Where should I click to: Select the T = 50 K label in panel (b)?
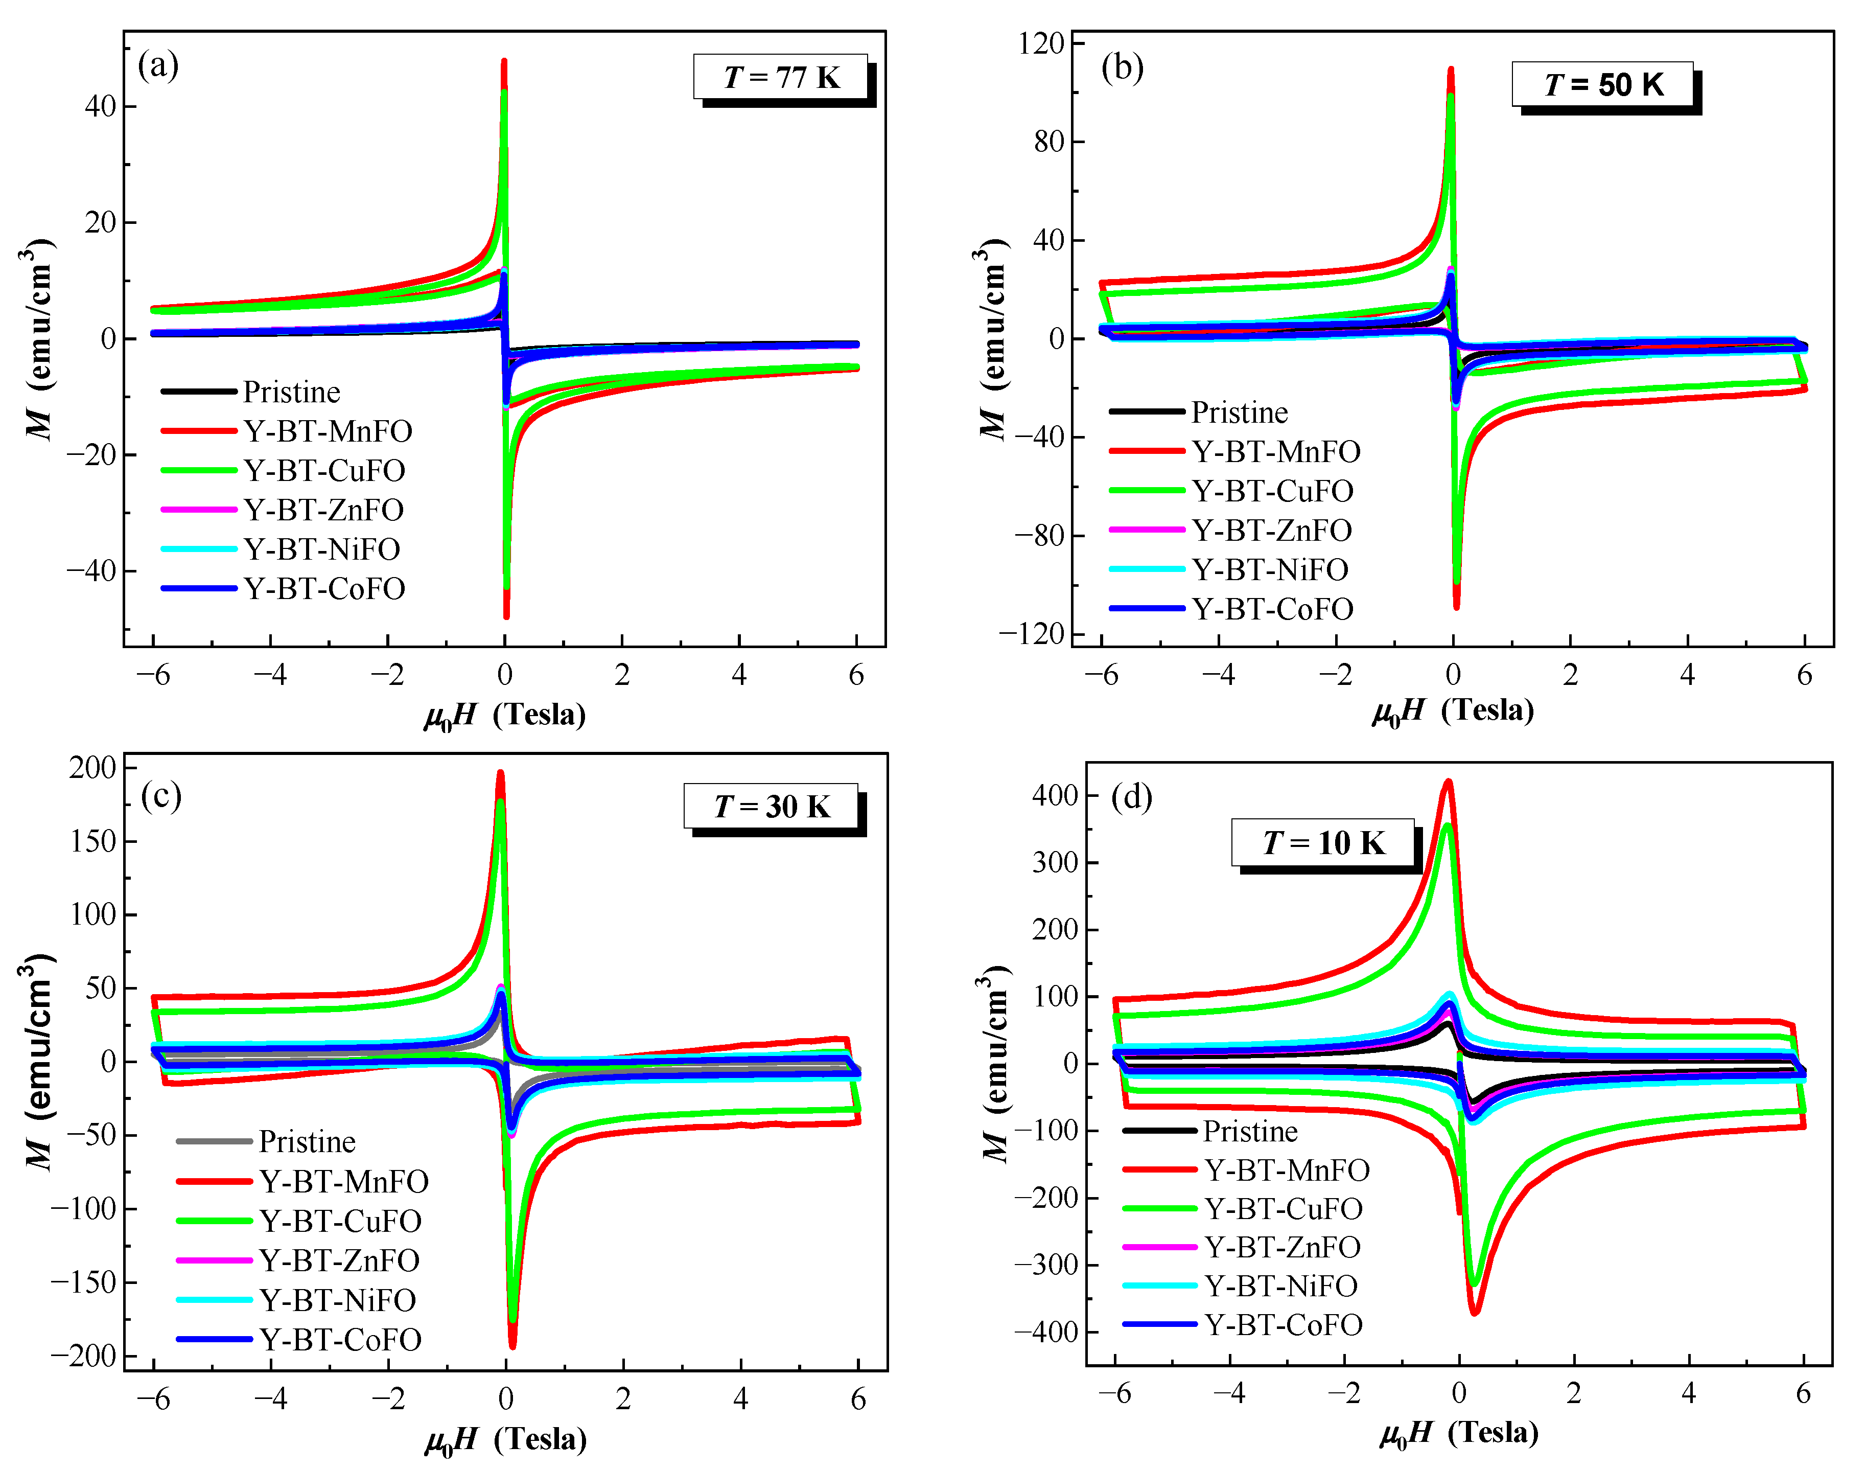1603,84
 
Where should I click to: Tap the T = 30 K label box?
771,807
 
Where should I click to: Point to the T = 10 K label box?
1323,843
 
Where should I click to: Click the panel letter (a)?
158,65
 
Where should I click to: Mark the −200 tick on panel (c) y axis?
83,1356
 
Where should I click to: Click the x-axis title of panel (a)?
505,715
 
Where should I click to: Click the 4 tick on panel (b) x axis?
1687,674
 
